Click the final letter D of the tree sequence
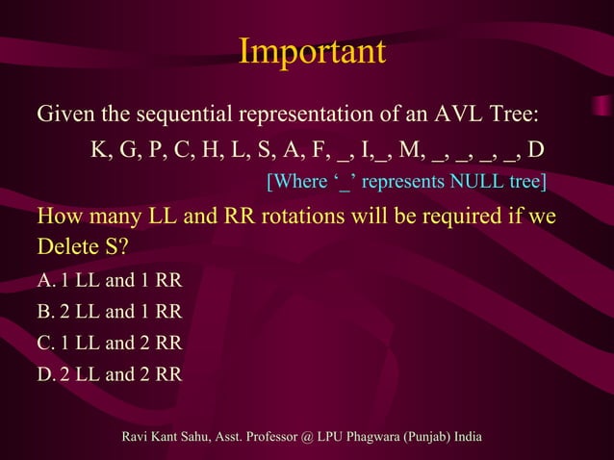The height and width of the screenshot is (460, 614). [x=537, y=150]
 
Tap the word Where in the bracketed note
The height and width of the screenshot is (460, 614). [x=298, y=181]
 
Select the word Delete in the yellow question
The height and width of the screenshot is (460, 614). [x=66, y=246]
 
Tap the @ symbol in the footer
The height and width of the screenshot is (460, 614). [x=307, y=439]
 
